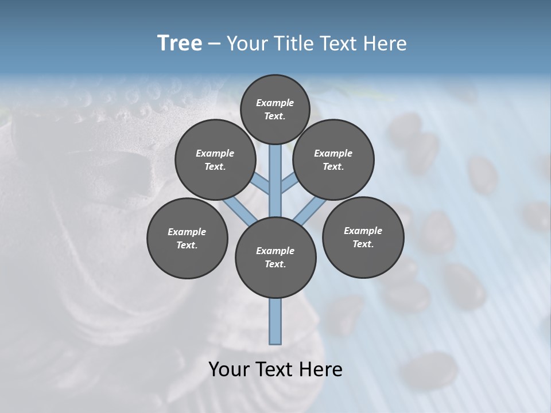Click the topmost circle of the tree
(x=275, y=109)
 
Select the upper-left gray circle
(x=215, y=159)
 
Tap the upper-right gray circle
(x=333, y=159)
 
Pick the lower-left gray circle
(x=187, y=238)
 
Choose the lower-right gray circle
(x=363, y=237)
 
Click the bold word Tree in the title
(x=180, y=44)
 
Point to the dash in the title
(x=214, y=44)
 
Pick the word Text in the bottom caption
(x=276, y=369)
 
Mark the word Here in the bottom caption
(x=321, y=369)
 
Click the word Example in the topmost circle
(x=275, y=103)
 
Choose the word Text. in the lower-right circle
(x=363, y=244)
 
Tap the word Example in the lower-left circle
(x=187, y=232)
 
